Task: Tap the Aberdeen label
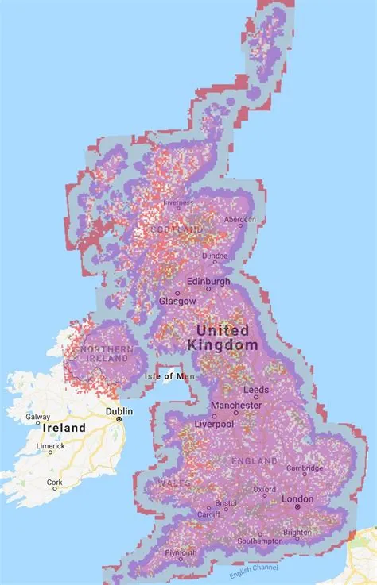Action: (239, 219)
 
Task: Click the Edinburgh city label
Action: (208, 282)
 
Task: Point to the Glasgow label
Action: (177, 302)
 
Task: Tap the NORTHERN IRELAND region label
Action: (101, 353)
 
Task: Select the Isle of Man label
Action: (164, 376)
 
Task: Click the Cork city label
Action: (53, 482)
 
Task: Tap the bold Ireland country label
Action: (64, 428)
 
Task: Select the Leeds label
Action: (255, 390)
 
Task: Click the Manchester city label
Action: (235, 406)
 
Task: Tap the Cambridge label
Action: (305, 468)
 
